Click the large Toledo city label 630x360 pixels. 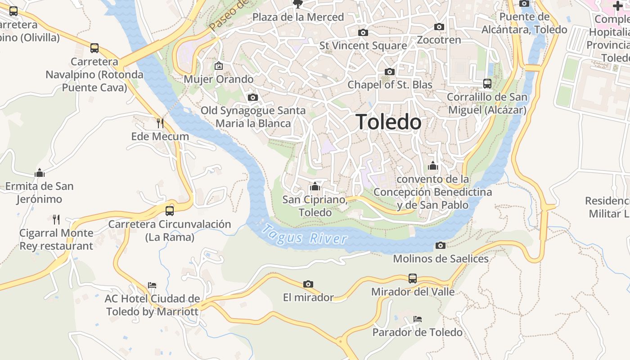tap(389, 122)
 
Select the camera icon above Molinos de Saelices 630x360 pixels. tap(441, 245)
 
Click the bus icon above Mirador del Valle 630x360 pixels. tap(413, 278)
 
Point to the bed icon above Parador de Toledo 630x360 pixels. tap(417, 319)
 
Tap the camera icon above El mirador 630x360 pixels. tap(308, 284)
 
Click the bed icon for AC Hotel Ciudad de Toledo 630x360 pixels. tap(152, 285)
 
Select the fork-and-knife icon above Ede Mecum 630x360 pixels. tap(160, 123)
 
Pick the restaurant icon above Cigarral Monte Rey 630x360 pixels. tap(56, 220)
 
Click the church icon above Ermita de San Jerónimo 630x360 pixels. tap(40, 173)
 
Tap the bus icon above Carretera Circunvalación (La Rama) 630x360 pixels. tap(170, 211)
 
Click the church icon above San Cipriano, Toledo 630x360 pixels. tap(315, 186)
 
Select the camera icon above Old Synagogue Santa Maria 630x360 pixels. tap(253, 97)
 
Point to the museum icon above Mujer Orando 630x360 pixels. tap(219, 66)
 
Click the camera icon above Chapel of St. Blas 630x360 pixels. tap(390, 72)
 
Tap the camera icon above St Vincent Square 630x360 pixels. tap(363, 32)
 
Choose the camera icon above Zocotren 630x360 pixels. tap(439, 27)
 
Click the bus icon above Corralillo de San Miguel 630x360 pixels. tap(487, 83)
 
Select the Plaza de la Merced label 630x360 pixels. tap(298, 17)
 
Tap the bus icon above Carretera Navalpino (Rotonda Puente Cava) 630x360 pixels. tap(94, 48)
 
